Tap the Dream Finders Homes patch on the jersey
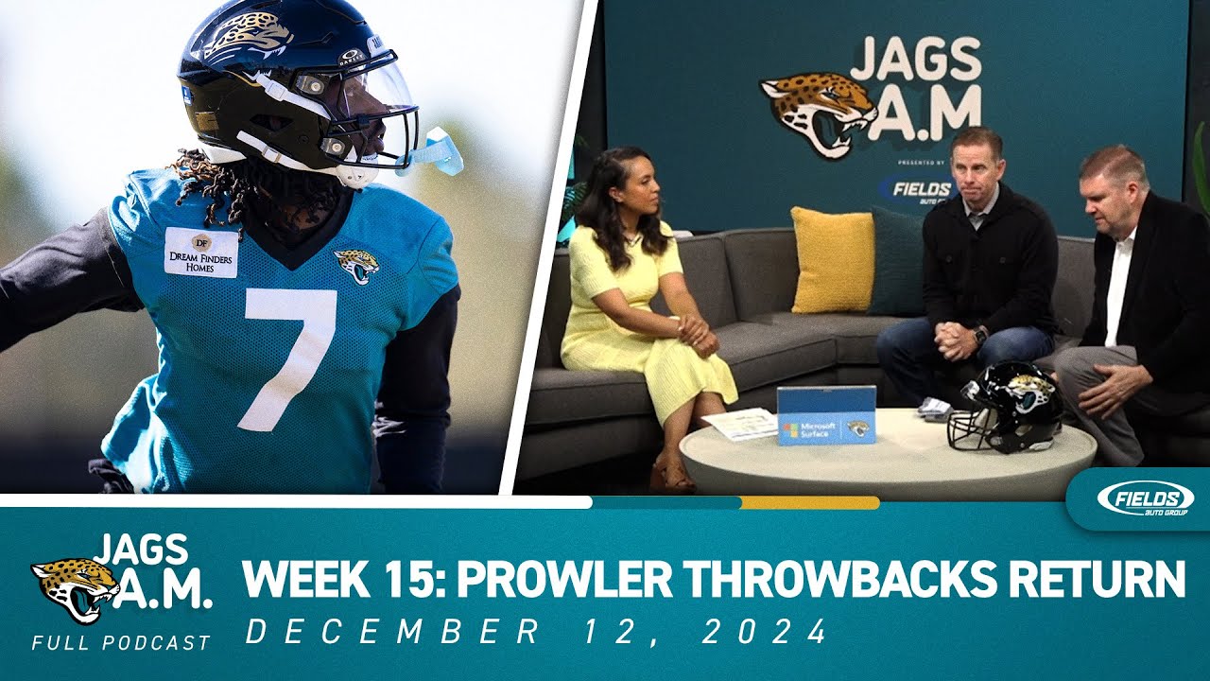[x=201, y=252]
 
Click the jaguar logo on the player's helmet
[x=249, y=36]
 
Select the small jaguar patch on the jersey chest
[x=356, y=265]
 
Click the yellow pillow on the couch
[x=833, y=259]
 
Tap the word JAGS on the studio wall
[x=914, y=59]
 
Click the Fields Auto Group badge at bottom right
[x=1139, y=498]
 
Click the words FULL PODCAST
[x=121, y=643]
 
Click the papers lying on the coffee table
[x=740, y=424]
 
